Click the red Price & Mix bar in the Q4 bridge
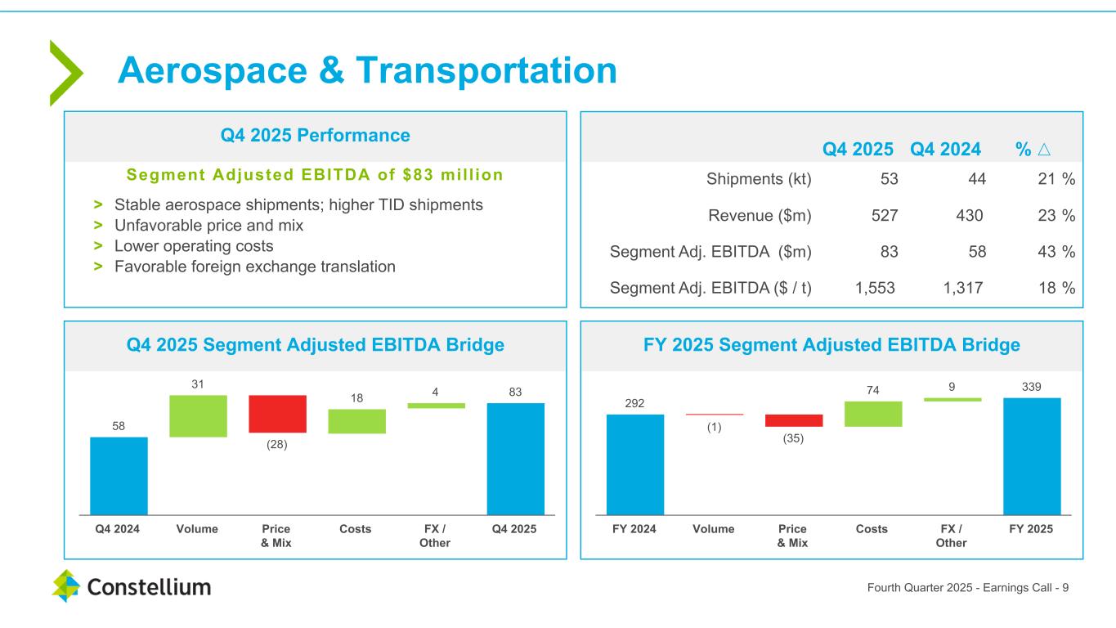coord(277,414)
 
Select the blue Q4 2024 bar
coord(119,475)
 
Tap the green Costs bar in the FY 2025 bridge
coord(873,414)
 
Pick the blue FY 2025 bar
coord(1031,455)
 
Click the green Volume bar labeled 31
coord(198,415)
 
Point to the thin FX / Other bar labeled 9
coord(952,400)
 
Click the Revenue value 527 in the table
coord(885,216)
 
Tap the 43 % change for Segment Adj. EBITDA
coord(1057,252)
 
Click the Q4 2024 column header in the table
coord(945,150)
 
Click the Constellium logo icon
coord(65,585)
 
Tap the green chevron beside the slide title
coord(66,73)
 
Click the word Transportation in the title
coord(486,71)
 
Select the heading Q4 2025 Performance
coord(316,135)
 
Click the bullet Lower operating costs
coord(194,245)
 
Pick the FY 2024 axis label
coord(634,529)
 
